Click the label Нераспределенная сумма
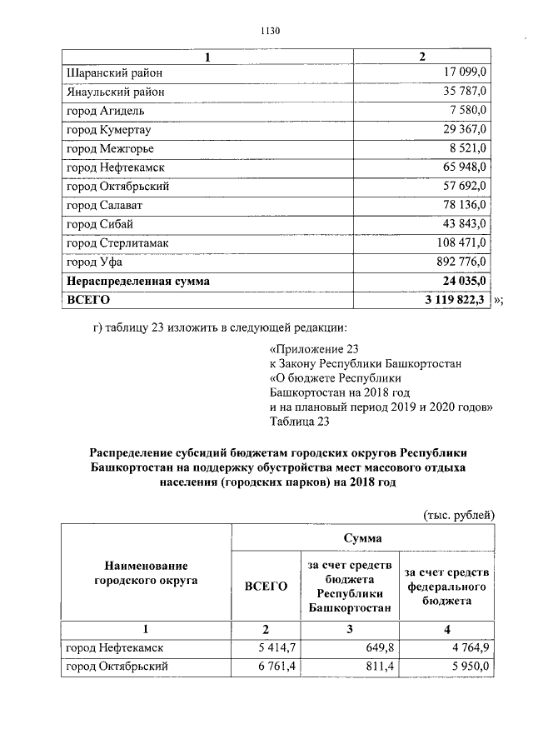point(137,282)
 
